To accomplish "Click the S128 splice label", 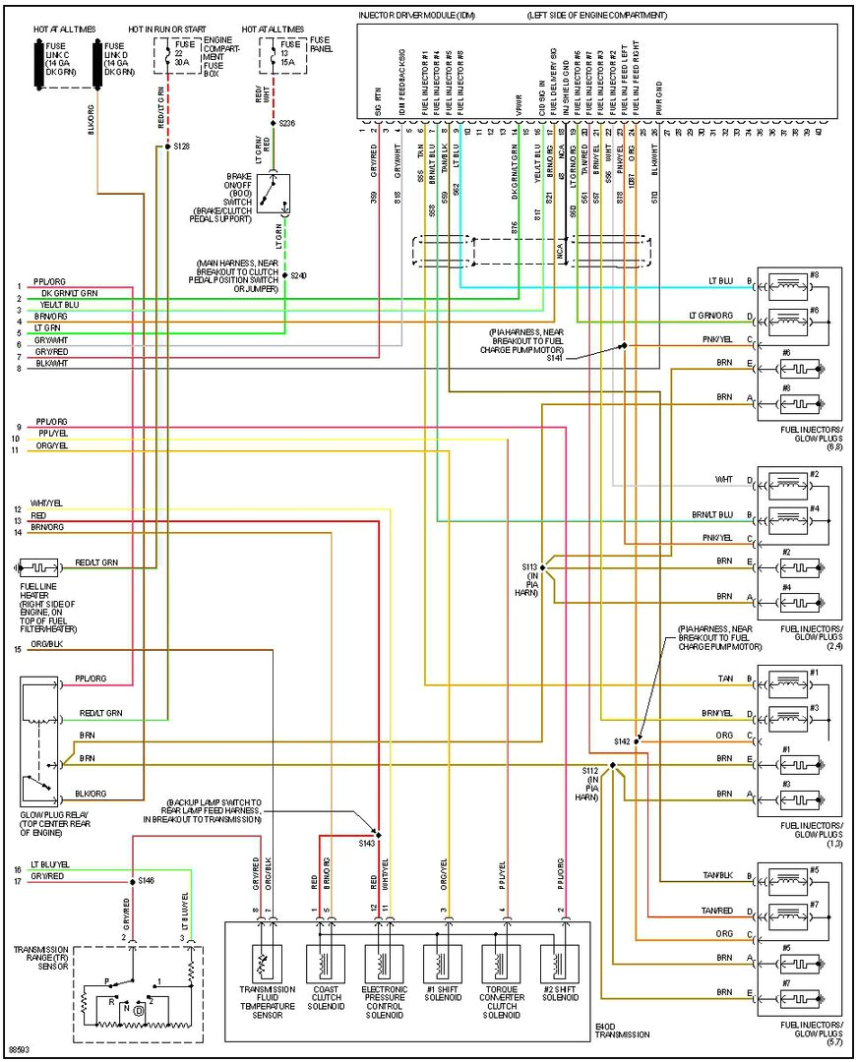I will click(182, 147).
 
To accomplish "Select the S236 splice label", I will click(287, 123).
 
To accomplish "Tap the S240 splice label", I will click(298, 275).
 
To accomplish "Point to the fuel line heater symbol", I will click(39, 568).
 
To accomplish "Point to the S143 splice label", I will click(366, 844).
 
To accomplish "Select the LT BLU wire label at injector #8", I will click(720, 281).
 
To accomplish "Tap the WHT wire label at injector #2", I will click(723, 479).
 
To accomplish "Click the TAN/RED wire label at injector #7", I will click(716, 910).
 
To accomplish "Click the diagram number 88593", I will click(19, 1048).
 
